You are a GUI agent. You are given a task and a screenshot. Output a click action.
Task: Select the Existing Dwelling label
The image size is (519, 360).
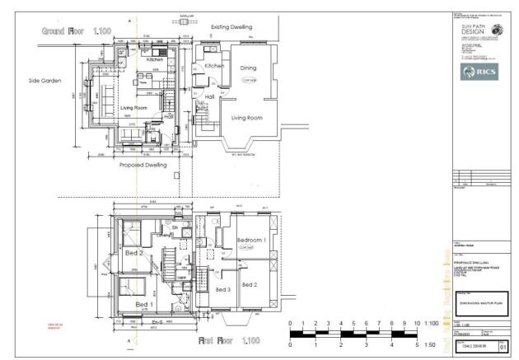tap(231, 27)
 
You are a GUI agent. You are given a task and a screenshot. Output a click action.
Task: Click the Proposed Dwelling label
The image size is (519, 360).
tap(143, 165)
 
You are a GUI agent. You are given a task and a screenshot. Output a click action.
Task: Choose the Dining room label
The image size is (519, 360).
tap(249, 68)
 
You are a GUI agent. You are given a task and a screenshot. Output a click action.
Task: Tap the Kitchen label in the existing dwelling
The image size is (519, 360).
tap(214, 65)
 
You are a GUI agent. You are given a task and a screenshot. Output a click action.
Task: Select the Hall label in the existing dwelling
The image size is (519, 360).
tap(209, 96)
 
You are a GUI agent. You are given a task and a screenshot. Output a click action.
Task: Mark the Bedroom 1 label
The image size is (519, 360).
tap(250, 240)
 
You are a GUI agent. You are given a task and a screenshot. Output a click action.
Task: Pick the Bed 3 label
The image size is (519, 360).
tap(223, 290)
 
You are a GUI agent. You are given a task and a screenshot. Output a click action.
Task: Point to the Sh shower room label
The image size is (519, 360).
tap(175, 227)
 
